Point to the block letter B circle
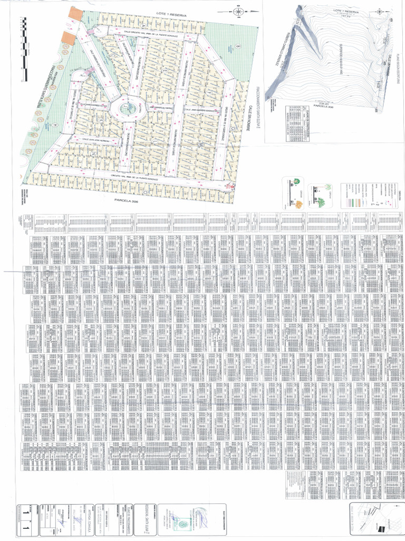[238, 46]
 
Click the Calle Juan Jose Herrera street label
[95, 140]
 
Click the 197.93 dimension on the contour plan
[346, 16]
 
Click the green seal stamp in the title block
[183, 523]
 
